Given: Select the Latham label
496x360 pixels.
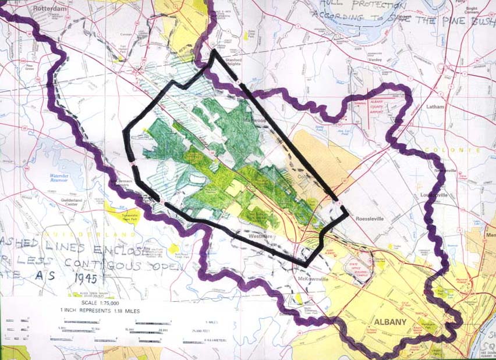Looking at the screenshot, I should point(434,107).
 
